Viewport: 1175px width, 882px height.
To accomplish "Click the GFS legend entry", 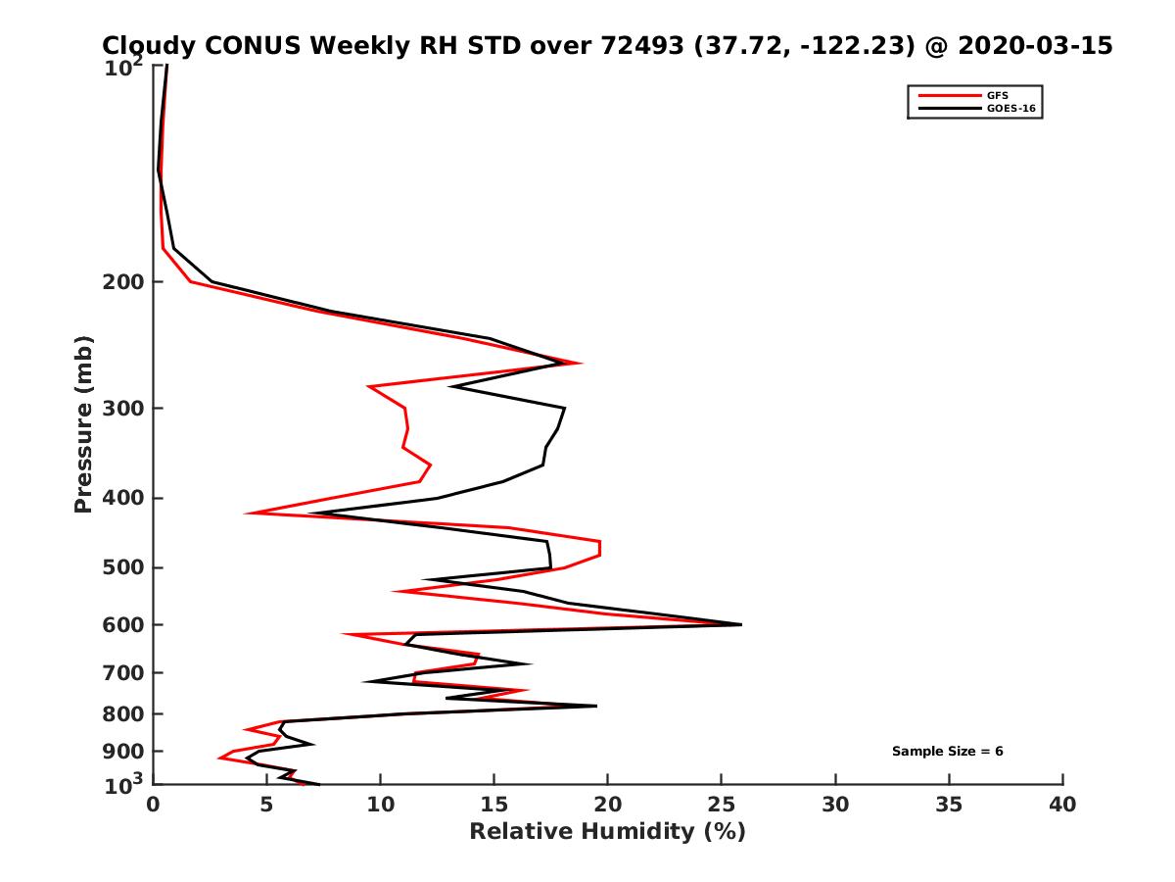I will coord(998,95).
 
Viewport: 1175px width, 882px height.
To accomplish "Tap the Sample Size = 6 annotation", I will coord(947,752).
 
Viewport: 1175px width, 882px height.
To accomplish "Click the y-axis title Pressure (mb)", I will coord(83,423).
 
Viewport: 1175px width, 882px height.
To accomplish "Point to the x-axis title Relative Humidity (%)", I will coord(607,832).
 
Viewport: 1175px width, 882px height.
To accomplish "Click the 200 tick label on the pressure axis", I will coord(125,283).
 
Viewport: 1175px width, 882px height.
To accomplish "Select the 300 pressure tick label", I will coord(125,409).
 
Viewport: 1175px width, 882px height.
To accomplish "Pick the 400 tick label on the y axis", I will coord(125,499).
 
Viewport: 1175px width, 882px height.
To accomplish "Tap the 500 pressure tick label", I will coord(125,568).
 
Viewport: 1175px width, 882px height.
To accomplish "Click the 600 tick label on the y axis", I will coord(125,625).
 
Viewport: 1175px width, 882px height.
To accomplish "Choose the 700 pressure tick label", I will coord(125,673).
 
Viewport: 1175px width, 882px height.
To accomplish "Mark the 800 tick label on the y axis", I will coord(125,714).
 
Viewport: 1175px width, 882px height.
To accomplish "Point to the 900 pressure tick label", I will coord(125,752).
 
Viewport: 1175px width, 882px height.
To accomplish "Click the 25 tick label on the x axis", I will coord(722,805).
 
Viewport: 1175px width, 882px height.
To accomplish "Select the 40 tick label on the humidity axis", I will coord(1062,805).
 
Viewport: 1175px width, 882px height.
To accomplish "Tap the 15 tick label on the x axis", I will coord(494,805).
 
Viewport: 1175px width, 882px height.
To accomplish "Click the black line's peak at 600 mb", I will coord(741,624).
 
